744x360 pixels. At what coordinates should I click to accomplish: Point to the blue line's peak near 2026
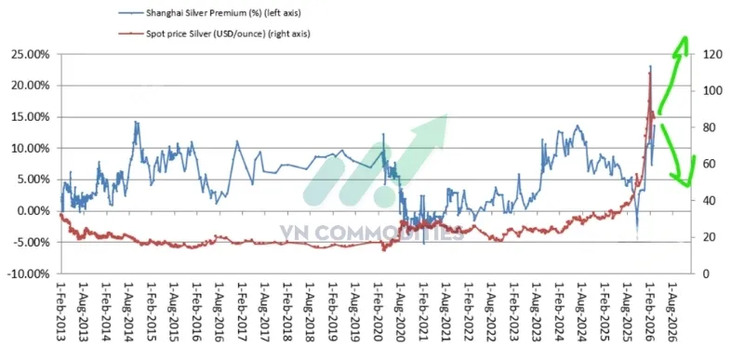pyautogui.click(x=649, y=67)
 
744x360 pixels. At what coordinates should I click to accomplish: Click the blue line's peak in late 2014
pyautogui.click(x=136, y=122)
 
